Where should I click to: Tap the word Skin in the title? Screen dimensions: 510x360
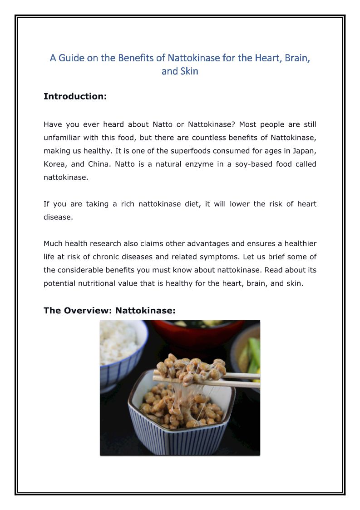pyautogui.click(x=188, y=71)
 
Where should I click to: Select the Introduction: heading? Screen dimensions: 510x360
pyautogui.click(x=75, y=96)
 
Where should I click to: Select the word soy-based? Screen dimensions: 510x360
pyautogui.click(x=252, y=164)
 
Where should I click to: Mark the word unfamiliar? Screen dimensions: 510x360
pyautogui.click(x=64, y=138)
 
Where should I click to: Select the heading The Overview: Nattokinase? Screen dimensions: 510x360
pyautogui.click(x=109, y=310)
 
